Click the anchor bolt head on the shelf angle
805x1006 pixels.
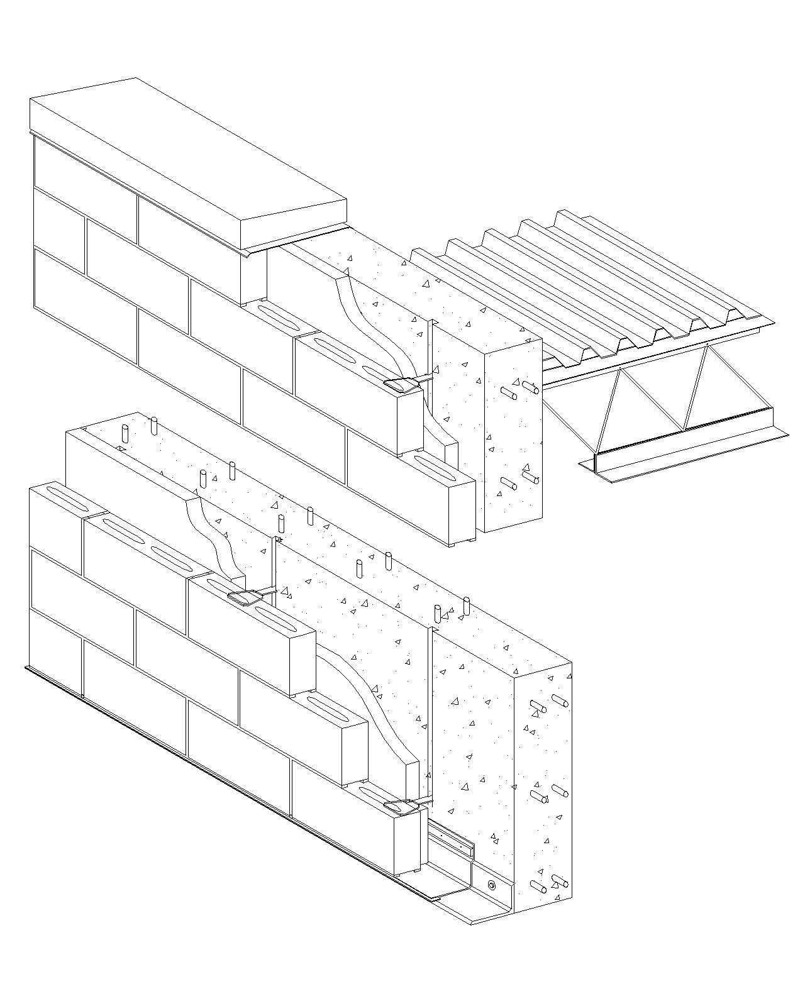(x=492, y=885)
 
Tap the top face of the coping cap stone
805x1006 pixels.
(x=189, y=157)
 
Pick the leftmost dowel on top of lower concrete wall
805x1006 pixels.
(x=125, y=434)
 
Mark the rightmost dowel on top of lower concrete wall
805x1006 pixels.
(x=466, y=607)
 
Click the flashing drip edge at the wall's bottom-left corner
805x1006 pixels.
(x=28, y=668)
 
